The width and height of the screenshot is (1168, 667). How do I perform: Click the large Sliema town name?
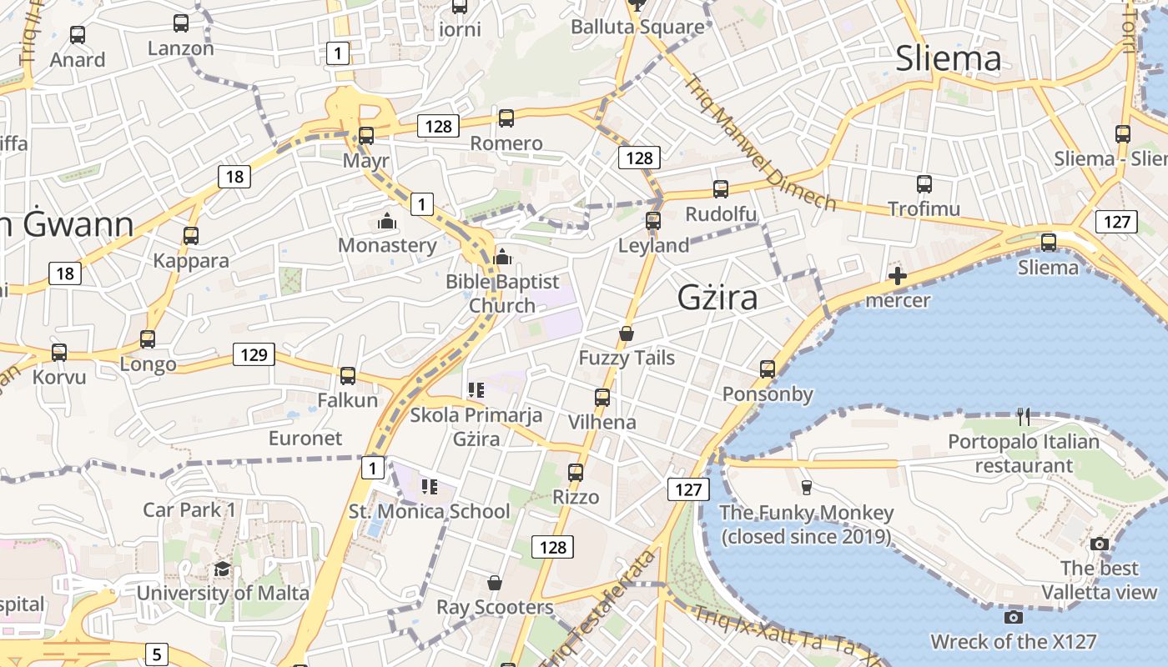click(x=948, y=58)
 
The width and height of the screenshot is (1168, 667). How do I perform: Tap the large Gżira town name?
click(x=717, y=298)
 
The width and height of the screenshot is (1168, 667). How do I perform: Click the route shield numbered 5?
click(x=156, y=654)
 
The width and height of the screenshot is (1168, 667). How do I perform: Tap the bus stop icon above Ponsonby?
click(x=768, y=369)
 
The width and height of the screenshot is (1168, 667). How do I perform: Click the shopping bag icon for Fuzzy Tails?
click(x=627, y=333)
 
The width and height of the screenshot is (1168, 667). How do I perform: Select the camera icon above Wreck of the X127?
click(x=1014, y=617)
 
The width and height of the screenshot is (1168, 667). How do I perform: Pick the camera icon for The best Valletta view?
click(x=1100, y=544)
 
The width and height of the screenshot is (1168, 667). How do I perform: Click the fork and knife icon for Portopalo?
click(x=1024, y=416)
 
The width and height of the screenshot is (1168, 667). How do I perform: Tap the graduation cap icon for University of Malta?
click(x=222, y=569)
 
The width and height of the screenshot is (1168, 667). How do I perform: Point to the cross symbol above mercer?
click(x=898, y=276)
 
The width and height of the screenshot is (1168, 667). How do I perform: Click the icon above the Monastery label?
click(x=386, y=221)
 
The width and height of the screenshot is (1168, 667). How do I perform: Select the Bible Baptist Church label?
click(x=502, y=293)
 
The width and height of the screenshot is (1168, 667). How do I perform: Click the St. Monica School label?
click(x=429, y=511)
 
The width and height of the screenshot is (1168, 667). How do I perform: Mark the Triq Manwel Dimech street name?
click(x=758, y=143)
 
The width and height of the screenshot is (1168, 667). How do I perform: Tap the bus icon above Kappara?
click(x=191, y=236)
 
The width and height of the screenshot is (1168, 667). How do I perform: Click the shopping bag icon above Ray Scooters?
click(x=495, y=582)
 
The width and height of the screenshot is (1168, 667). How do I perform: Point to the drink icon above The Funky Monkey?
click(x=806, y=488)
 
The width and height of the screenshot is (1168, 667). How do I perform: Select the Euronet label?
click(x=305, y=438)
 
